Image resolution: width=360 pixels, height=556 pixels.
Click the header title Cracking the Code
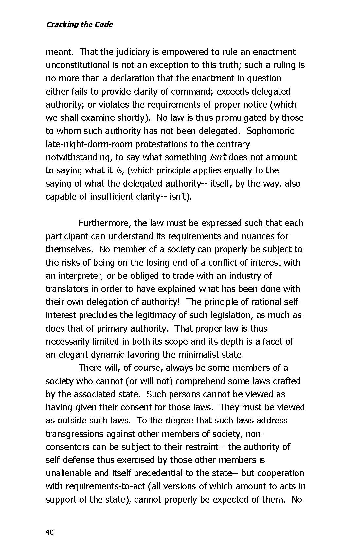pyautogui.click(x=79, y=25)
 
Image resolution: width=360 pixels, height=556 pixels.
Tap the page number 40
pyautogui.click(x=49, y=532)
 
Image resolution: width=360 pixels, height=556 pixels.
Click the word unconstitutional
pyautogui.click(x=78, y=65)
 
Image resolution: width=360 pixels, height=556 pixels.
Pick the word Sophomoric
pyautogui.click(x=270, y=131)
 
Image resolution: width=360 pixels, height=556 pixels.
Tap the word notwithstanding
pyautogui.click(x=79, y=157)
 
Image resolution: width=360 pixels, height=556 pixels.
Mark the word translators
pyautogui.click(x=67, y=289)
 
